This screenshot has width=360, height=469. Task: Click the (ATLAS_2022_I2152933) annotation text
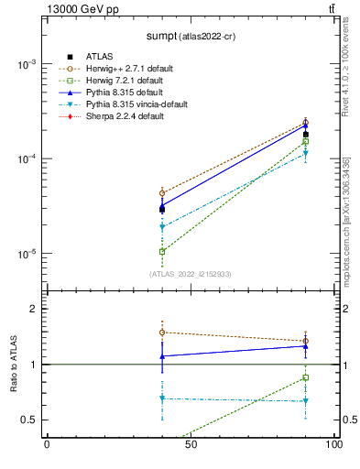[x=190, y=274]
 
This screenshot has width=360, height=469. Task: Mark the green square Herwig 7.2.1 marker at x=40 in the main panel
[x=162, y=251]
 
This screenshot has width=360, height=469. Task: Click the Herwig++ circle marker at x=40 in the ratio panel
[x=162, y=333]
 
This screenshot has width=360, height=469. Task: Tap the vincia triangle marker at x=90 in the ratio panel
[x=305, y=401]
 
